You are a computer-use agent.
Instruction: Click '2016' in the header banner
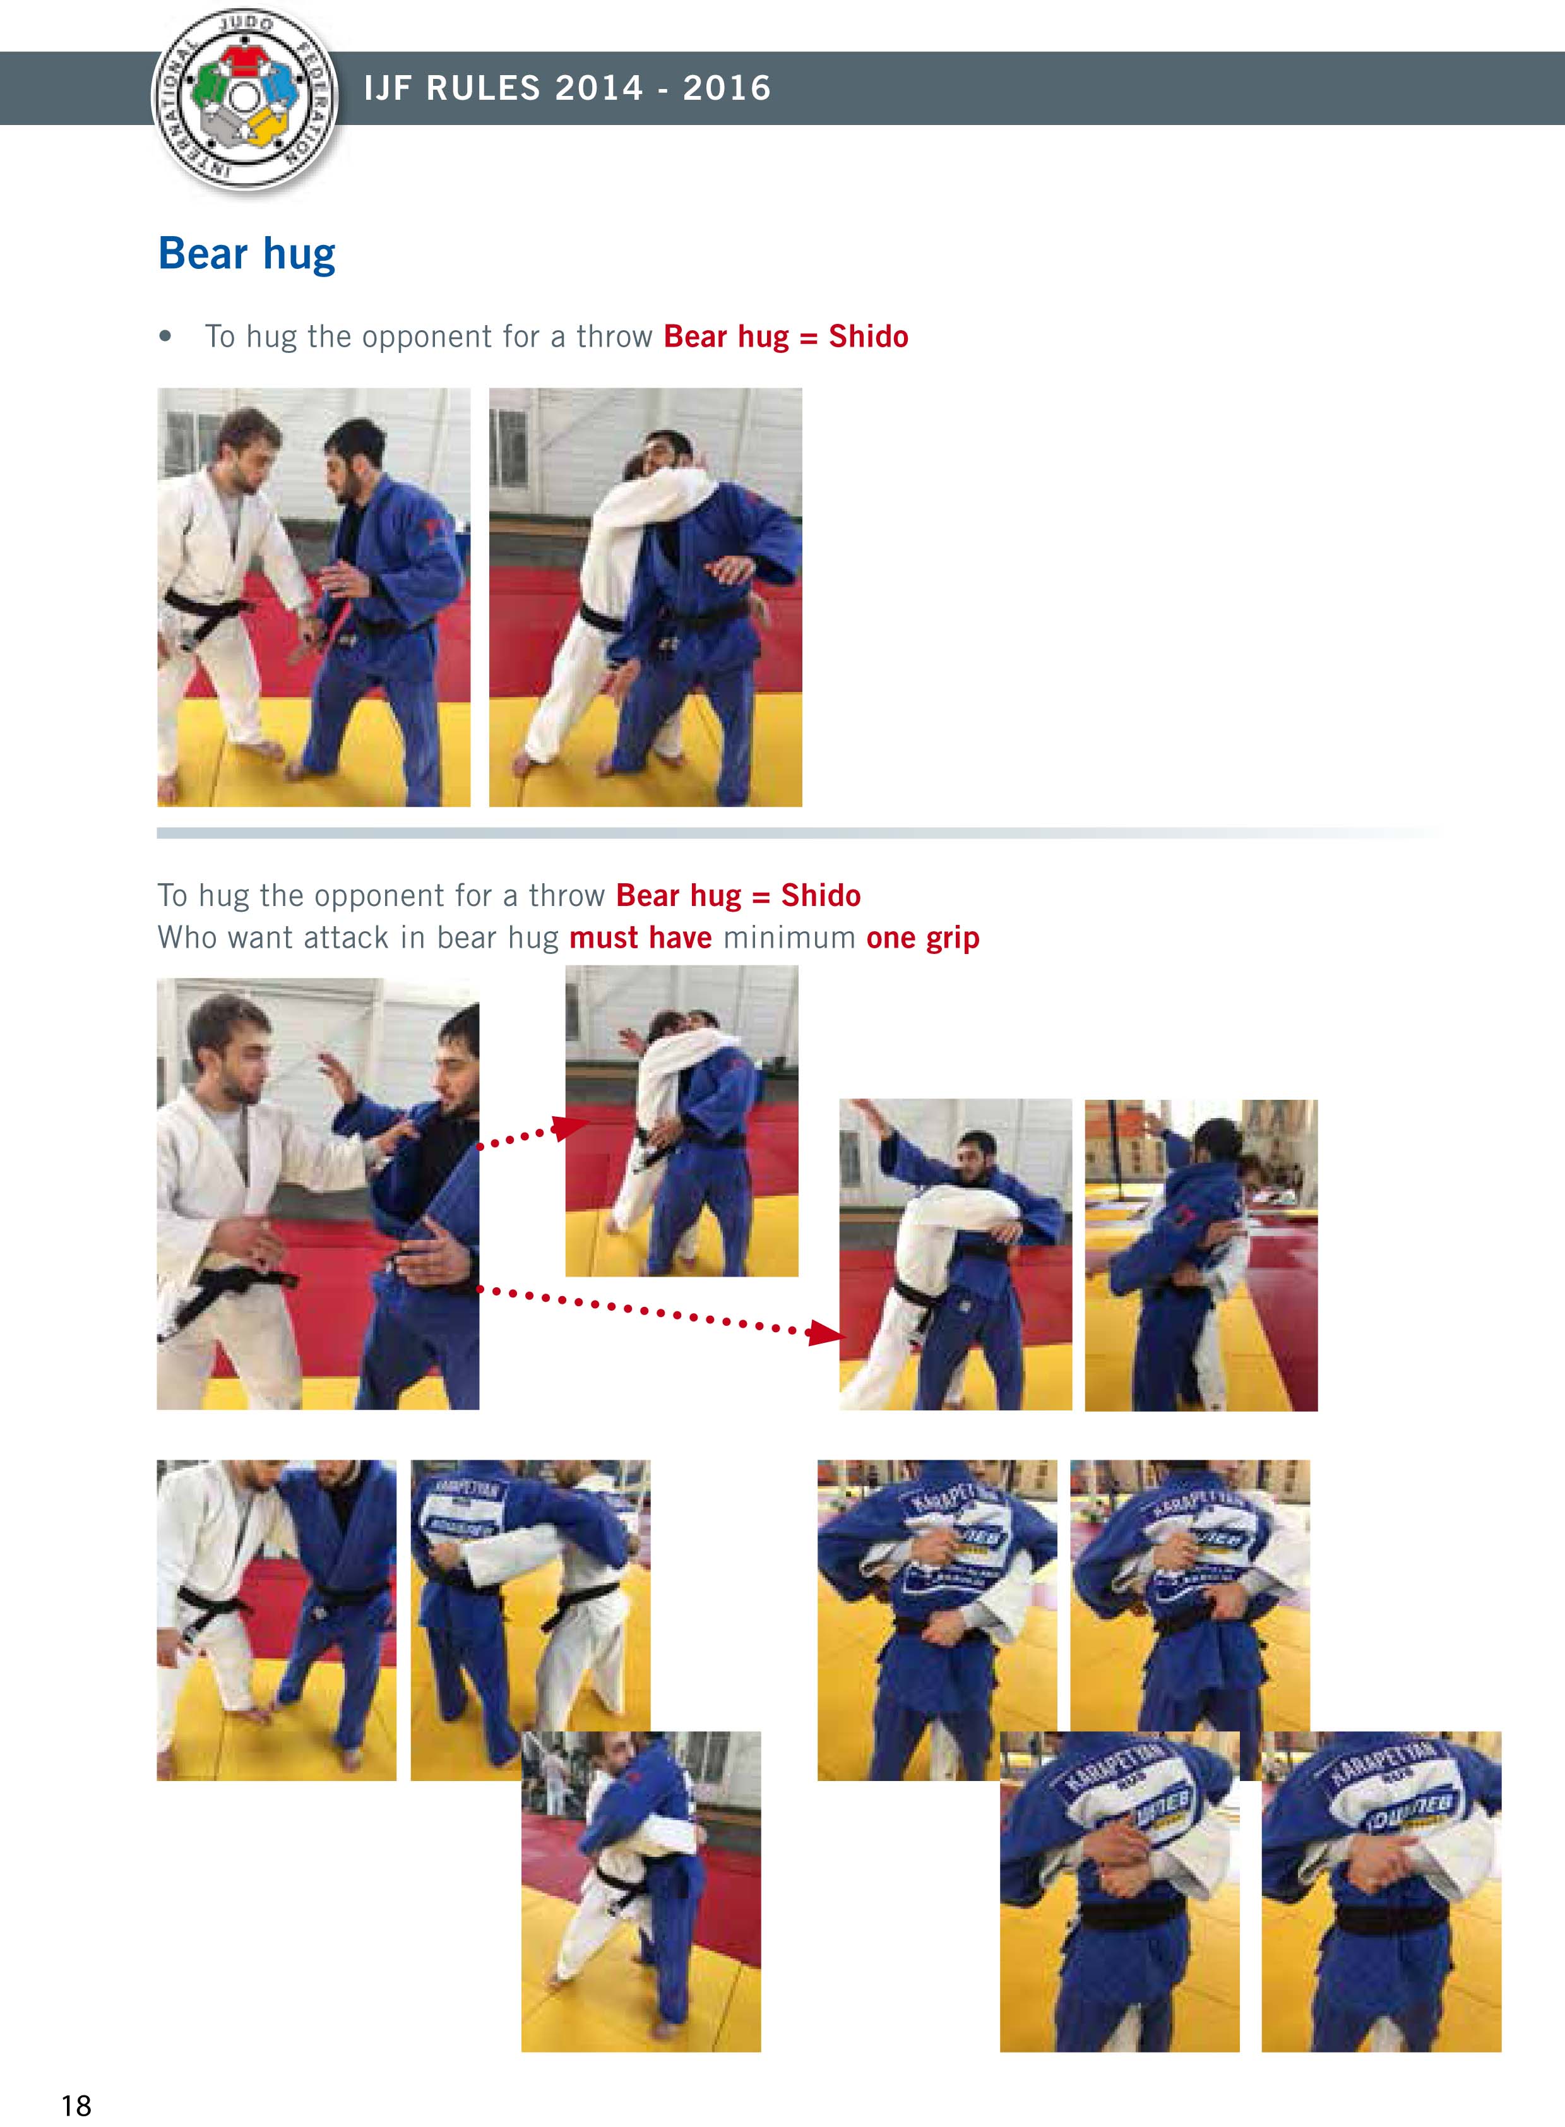pyautogui.click(x=727, y=88)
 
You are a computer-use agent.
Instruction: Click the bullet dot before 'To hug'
pyautogui.click(x=167, y=337)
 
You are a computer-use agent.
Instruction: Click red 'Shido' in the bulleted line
pyautogui.click(x=868, y=337)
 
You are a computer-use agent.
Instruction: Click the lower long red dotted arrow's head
pyautogui.click(x=828, y=1335)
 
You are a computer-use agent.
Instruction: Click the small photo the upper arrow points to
pyautogui.click(x=681, y=1121)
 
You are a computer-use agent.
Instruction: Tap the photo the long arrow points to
pyautogui.click(x=955, y=1254)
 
